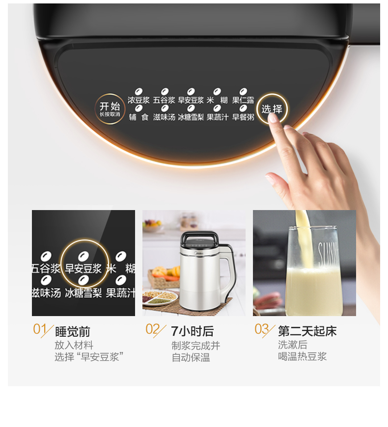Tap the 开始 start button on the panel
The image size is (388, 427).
[110, 109]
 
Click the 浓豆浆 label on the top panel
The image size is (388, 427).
[139, 100]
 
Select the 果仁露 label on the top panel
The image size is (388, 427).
[243, 100]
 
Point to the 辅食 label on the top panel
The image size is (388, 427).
[139, 117]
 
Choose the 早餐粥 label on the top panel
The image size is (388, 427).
[243, 117]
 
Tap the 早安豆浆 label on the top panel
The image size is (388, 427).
[191, 100]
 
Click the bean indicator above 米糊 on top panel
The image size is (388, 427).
[217, 91]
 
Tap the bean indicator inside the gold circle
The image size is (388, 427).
[83, 256]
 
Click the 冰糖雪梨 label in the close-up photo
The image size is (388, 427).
[83, 293]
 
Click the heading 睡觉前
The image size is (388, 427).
[73, 332]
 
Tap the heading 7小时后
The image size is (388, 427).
[193, 331]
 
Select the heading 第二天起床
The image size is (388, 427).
[307, 331]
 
